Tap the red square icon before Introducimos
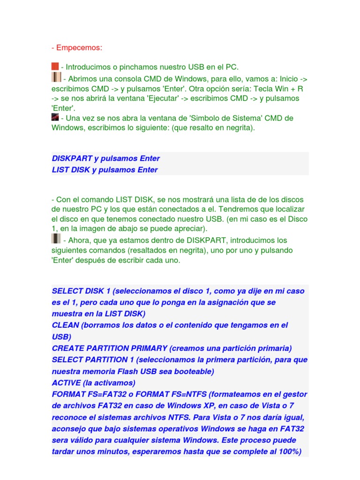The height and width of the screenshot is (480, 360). (55, 67)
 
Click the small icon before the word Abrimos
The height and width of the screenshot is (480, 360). (56, 77)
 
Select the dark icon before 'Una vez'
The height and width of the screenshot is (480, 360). (55, 117)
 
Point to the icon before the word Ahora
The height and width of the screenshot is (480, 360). (56, 239)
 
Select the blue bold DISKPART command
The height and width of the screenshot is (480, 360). (72, 158)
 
